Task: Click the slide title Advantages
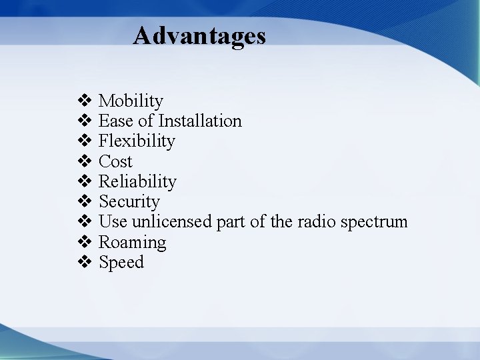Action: pos(199,35)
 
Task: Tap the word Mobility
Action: pos(131,101)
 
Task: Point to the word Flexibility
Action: pos(137,141)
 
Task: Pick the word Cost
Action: pos(115,161)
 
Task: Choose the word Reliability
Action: pos(137,181)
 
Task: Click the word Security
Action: pos(129,201)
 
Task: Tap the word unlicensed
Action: pos(173,221)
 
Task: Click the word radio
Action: pos(316,221)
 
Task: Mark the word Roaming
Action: pos(132,243)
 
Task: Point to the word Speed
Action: pos(121,263)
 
